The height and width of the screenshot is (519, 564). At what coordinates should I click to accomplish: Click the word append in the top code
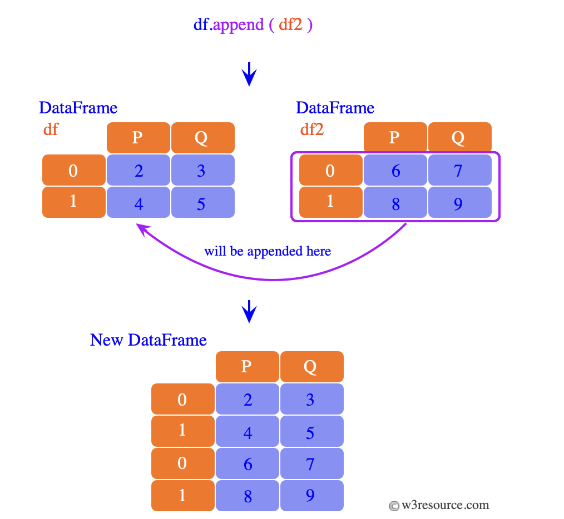(238, 25)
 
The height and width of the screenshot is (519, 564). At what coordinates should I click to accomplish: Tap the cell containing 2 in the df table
(138, 170)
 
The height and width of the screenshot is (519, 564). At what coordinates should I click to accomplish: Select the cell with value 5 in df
(202, 203)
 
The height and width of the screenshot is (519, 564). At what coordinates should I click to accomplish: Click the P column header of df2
(395, 137)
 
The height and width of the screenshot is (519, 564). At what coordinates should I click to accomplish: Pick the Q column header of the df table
(202, 138)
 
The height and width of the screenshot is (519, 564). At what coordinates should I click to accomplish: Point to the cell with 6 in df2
(395, 170)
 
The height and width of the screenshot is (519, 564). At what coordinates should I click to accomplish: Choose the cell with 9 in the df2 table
(459, 203)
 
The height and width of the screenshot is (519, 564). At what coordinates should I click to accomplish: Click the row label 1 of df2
(330, 202)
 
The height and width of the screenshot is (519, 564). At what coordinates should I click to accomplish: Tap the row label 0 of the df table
(73, 170)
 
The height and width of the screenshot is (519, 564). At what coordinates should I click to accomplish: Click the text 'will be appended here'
(268, 251)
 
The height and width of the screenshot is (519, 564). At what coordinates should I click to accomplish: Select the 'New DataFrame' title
(149, 340)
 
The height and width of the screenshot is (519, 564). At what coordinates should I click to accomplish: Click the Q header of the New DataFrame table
(311, 367)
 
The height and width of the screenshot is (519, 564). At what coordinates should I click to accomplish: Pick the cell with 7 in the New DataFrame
(311, 463)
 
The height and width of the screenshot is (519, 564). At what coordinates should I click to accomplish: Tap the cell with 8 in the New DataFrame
(247, 496)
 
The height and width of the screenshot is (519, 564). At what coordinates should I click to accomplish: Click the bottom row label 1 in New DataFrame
(182, 496)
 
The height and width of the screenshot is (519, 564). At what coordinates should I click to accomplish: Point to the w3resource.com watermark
(439, 505)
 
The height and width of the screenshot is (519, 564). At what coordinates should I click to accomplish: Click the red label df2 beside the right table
(312, 129)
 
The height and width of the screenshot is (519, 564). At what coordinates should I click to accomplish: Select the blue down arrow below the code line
(250, 74)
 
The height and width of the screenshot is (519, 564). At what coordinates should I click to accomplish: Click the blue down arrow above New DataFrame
(250, 312)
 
